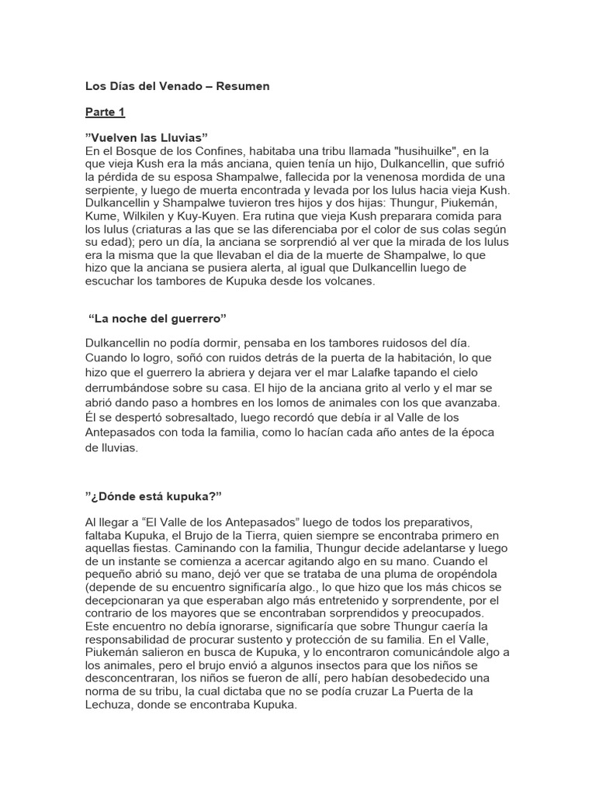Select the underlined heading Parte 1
[x=105, y=112]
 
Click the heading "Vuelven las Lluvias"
[x=147, y=138]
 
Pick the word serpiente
[x=110, y=190]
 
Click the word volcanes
[x=347, y=281]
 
